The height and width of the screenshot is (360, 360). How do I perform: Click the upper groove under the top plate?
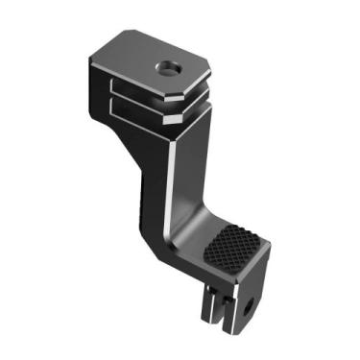pos(144,93)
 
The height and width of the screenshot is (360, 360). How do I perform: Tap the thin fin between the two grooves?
pos(145,102)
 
